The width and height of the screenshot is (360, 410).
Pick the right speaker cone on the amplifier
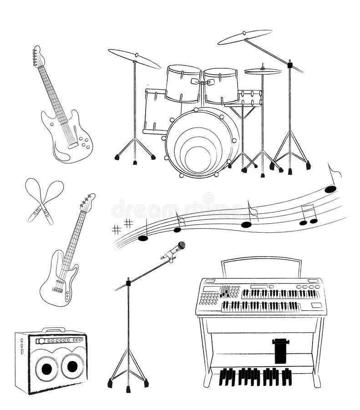(72, 366)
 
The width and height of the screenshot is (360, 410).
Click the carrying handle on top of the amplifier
(53, 329)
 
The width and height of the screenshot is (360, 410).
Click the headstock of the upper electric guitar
(38, 56)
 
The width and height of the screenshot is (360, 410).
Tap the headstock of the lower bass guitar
(87, 202)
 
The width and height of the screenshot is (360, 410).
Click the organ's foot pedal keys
(255, 376)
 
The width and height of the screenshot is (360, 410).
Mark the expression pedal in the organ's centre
(280, 350)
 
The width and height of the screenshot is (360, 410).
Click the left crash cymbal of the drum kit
(134, 58)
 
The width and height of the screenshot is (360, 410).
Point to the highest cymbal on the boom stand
(244, 37)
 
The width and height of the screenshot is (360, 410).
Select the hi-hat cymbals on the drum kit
(263, 71)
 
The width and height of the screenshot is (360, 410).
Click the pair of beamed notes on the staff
(308, 216)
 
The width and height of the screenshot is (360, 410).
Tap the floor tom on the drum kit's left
(155, 112)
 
